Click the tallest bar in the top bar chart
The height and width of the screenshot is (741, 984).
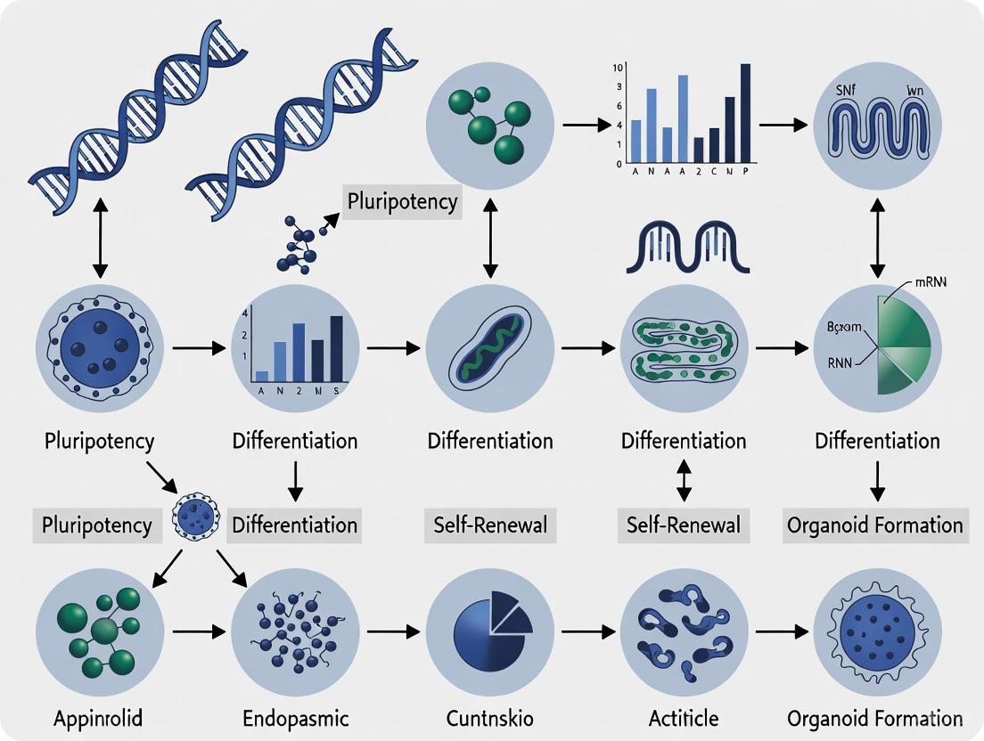[745, 112]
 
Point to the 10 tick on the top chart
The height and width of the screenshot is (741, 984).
[617, 68]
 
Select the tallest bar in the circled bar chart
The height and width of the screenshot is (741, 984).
[336, 347]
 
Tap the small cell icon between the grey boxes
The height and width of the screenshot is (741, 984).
[194, 516]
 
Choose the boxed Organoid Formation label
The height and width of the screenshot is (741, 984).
[874, 525]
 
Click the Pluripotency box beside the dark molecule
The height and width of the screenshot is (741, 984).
[402, 201]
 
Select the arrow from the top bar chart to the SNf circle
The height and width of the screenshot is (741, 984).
[783, 125]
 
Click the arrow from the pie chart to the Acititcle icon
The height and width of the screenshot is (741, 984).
[594, 631]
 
